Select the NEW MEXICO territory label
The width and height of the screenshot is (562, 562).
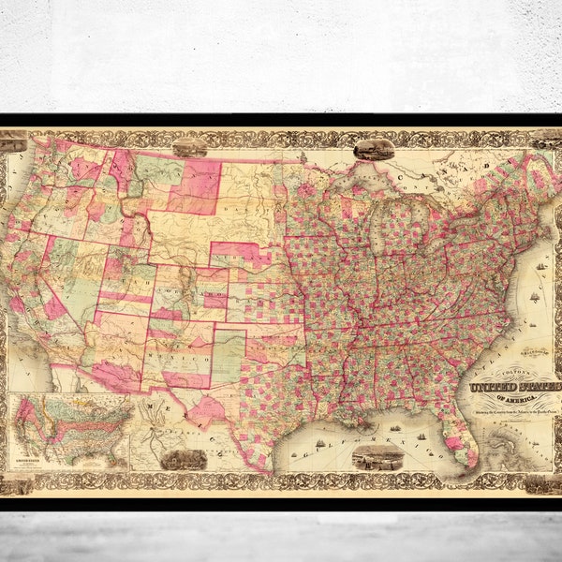pyautogui.click(x=187, y=359)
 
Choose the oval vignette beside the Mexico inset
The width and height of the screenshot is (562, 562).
pyautogui.click(x=183, y=458)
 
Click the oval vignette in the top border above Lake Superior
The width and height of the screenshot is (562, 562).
pyautogui.click(x=372, y=148)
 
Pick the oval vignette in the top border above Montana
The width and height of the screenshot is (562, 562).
pyautogui.click(x=189, y=147)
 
